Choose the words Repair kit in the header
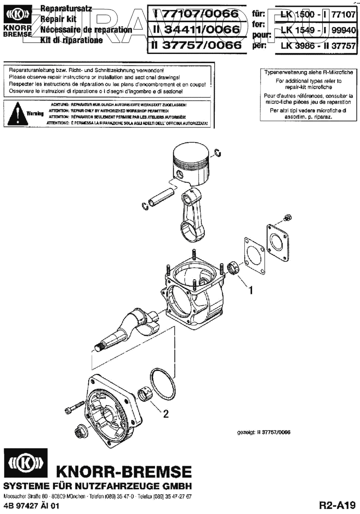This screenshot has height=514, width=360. click(x=58, y=19)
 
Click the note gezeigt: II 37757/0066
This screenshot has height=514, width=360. click(x=264, y=433)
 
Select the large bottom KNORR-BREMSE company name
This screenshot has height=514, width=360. click(x=123, y=472)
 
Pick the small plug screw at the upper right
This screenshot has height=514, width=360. click(x=285, y=219)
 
